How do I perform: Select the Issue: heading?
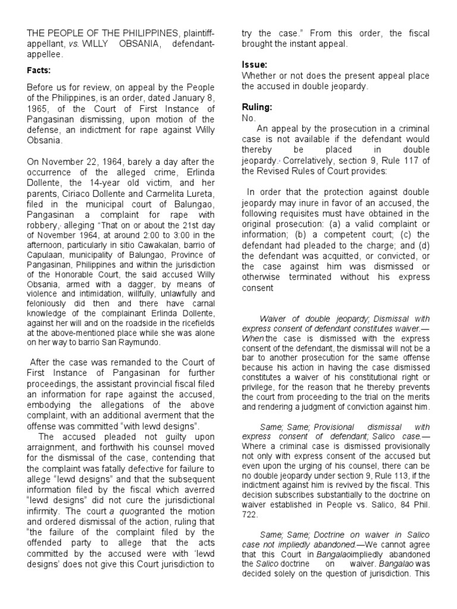click(254, 64)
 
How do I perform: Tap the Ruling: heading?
click(257, 108)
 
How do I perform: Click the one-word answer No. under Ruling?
click(248, 118)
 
